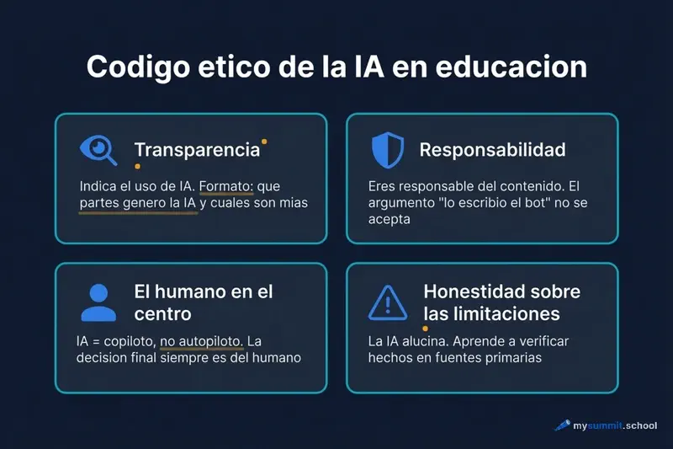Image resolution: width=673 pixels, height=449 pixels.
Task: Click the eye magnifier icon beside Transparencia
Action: click(x=98, y=150)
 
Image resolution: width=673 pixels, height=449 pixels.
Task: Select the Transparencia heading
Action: click(x=197, y=150)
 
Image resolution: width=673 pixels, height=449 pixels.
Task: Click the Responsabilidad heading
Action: click(x=492, y=150)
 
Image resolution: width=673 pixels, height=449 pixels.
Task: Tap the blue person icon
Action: click(x=98, y=302)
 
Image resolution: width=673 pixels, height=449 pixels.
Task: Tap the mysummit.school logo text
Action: click(x=614, y=426)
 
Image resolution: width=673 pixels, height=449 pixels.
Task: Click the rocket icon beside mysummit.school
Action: click(x=561, y=426)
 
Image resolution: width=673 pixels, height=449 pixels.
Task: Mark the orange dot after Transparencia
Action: click(x=264, y=142)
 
